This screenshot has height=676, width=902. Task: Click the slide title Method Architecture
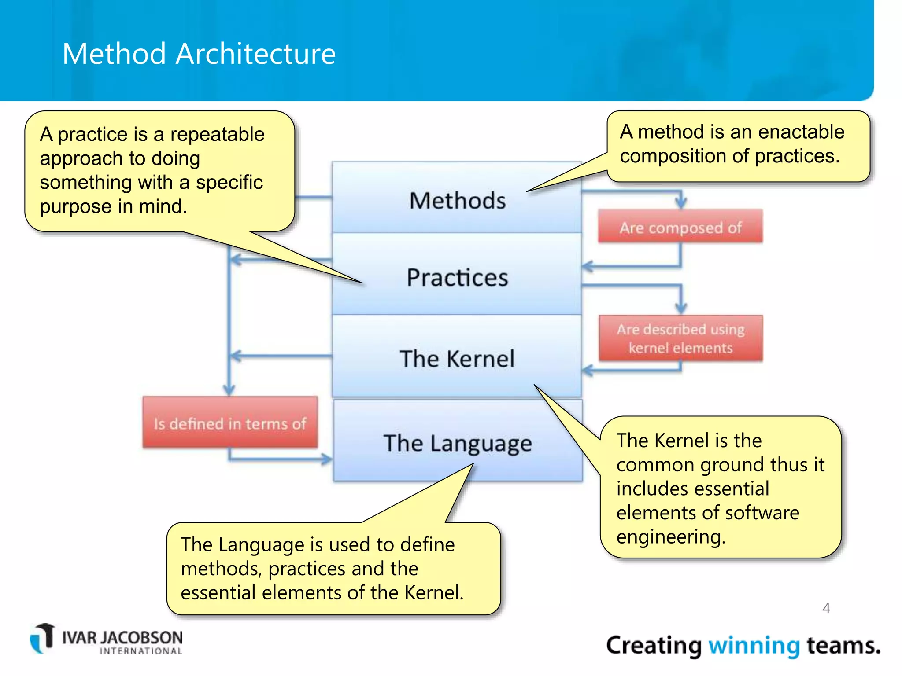pyautogui.click(x=199, y=54)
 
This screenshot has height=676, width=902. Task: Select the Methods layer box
pyautogui.click(x=457, y=201)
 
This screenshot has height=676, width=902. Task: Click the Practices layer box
pyautogui.click(x=457, y=277)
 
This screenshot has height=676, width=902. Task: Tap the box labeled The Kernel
pyautogui.click(x=457, y=358)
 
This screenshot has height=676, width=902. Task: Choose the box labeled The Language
pyautogui.click(x=458, y=443)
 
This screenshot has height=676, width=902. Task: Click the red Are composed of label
pyautogui.click(x=680, y=227)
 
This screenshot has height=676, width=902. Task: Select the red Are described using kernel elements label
pyautogui.click(x=680, y=338)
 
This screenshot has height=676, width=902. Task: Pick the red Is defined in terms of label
pyautogui.click(x=230, y=423)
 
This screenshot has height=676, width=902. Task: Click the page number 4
pyautogui.click(x=826, y=608)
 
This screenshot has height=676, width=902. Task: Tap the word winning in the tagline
pyautogui.click(x=754, y=646)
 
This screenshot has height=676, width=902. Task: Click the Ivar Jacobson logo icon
pyautogui.click(x=42, y=638)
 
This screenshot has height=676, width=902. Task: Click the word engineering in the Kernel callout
pyautogui.click(x=670, y=537)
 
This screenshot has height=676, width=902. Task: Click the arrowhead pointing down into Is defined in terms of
pyautogui.click(x=229, y=389)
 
